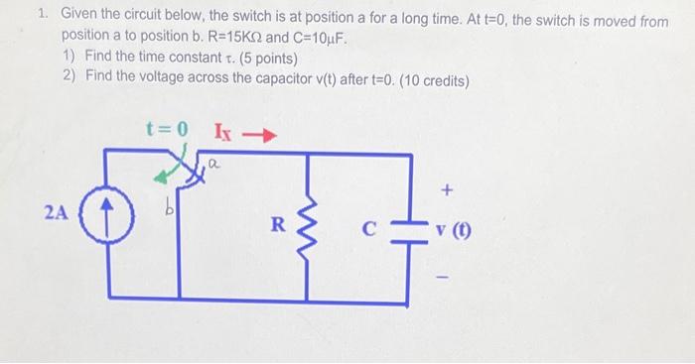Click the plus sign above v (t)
(448, 187)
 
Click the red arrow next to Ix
(255, 133)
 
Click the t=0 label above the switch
(167, 130)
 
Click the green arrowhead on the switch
(161, 177)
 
